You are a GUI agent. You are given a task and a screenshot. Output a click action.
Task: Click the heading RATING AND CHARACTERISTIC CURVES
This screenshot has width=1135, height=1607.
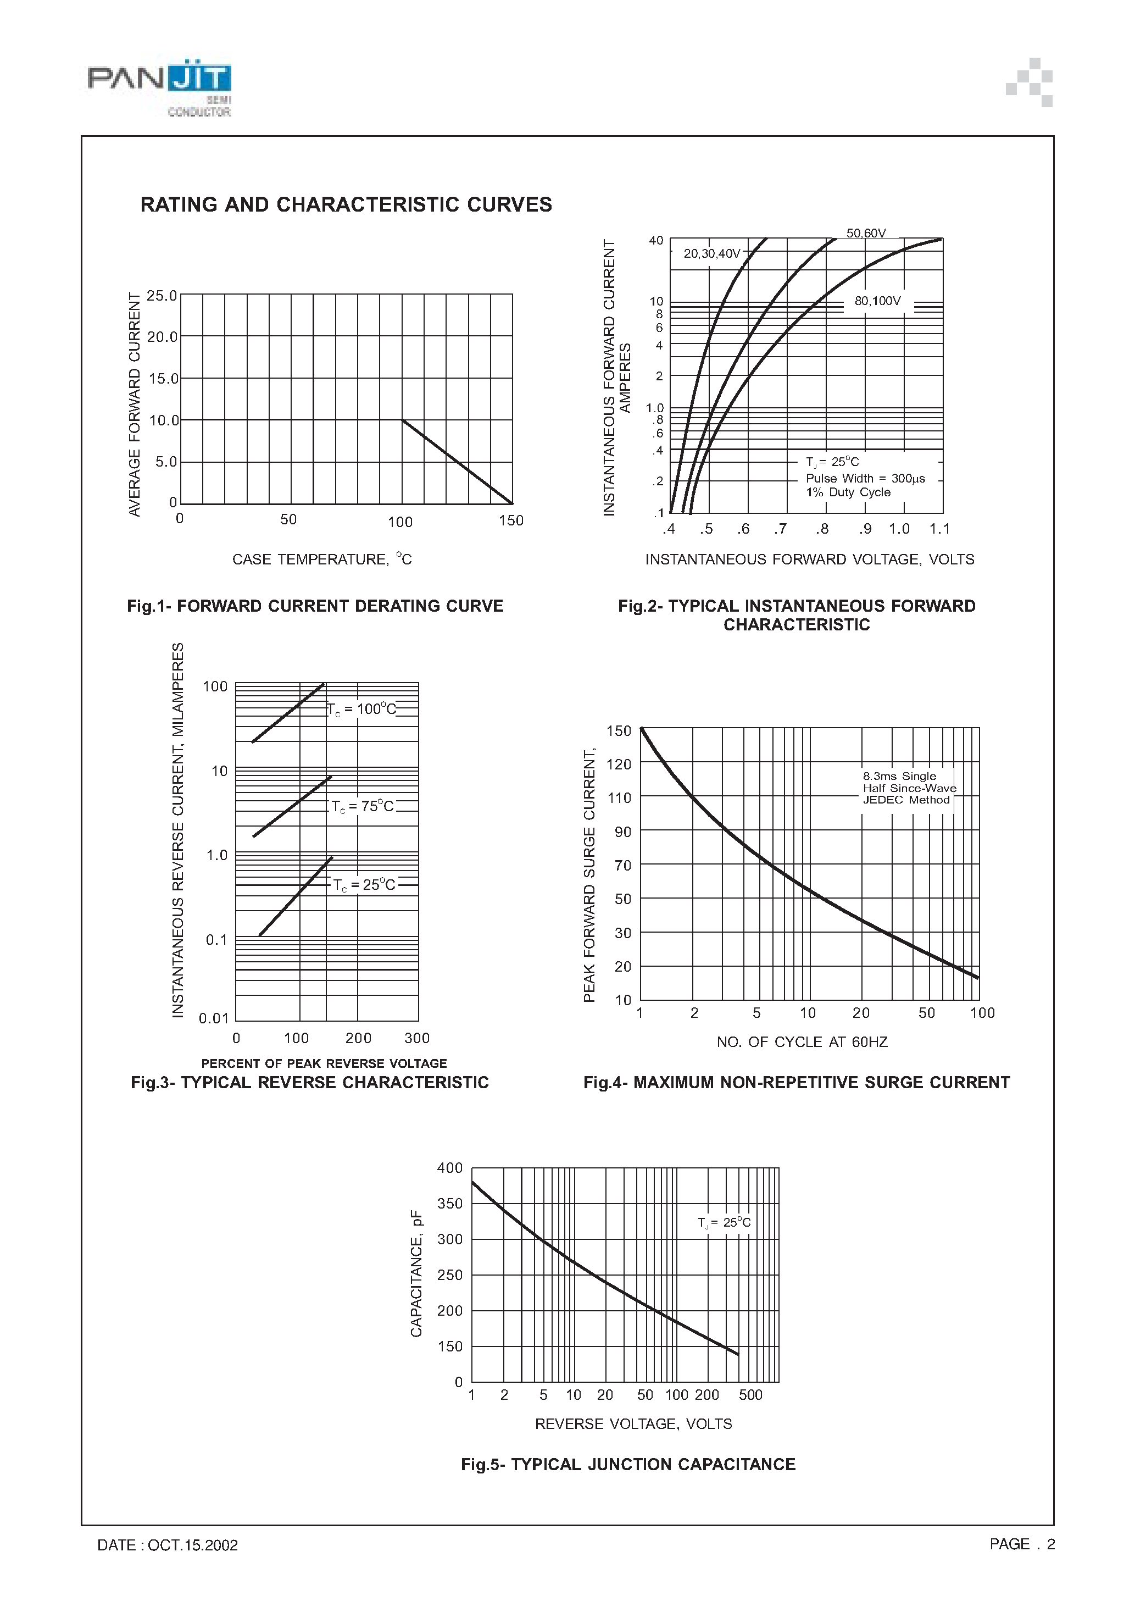click(346, 204)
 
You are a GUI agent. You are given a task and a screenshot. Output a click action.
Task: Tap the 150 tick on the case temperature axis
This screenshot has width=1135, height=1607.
click(511, 520)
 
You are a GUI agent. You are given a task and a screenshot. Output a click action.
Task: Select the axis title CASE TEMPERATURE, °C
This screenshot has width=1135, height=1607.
click(322, 559)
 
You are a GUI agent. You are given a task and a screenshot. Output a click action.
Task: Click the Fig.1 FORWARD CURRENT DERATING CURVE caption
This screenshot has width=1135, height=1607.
click(315, 606)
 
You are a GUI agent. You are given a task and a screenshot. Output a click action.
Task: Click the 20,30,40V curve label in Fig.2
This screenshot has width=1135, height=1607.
click(711, 253)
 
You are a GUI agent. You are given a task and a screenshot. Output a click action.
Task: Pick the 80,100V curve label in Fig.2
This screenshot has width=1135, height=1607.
click(877, 301)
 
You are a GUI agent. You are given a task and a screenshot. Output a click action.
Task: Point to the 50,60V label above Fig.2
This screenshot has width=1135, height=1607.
click(866, 233)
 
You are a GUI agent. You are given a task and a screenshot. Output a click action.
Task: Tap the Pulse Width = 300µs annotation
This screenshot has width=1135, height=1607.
click(865, 479)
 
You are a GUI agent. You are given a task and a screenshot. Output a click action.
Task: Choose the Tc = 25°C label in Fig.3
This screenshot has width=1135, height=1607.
click(364, 885)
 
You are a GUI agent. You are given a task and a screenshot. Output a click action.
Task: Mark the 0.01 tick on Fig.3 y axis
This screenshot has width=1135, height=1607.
click(213, 1018)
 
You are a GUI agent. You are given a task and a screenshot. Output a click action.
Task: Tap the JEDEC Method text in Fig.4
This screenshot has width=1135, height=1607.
click(905, 800)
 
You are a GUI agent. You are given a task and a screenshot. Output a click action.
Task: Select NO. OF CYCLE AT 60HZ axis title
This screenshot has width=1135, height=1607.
click(802, 1042)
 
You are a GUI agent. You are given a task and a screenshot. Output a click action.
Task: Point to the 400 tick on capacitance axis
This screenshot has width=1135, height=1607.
click(449, 1168)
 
